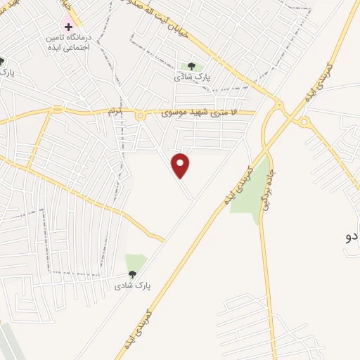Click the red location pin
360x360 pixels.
point(181,165)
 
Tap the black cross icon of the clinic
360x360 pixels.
point(68,26)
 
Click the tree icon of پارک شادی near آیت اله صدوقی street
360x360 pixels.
point(191,66)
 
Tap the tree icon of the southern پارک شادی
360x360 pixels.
point(131,274)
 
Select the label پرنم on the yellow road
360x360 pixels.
point(113,111)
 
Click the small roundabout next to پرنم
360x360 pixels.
point(140,115)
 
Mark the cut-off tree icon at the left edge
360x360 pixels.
point(2,62)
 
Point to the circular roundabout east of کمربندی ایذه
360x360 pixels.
point(304,122)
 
